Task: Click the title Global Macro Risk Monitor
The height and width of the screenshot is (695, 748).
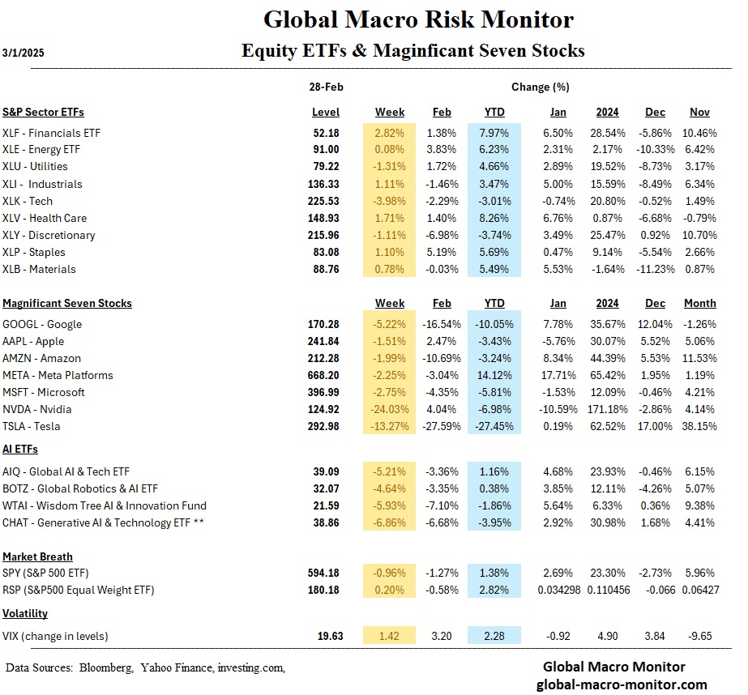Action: point(418,19)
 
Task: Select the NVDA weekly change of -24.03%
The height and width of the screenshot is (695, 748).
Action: point(390,409)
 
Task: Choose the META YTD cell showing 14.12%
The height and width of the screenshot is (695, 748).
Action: point(494,375)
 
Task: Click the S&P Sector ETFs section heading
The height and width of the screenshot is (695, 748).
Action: point(43,112)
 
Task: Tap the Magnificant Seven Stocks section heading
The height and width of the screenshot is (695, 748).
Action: point(67,303)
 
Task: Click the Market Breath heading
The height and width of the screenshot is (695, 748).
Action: point(37,556)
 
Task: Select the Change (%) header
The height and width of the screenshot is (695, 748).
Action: point(540,87)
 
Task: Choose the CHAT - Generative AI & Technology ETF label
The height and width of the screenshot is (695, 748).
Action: point(103,523)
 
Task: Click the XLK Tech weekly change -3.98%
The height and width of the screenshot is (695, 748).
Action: point(390,201)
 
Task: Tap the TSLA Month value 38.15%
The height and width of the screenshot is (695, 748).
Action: point(699,426)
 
